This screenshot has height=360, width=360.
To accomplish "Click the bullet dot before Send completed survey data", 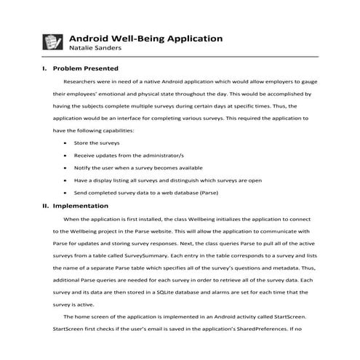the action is click(65, 193).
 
